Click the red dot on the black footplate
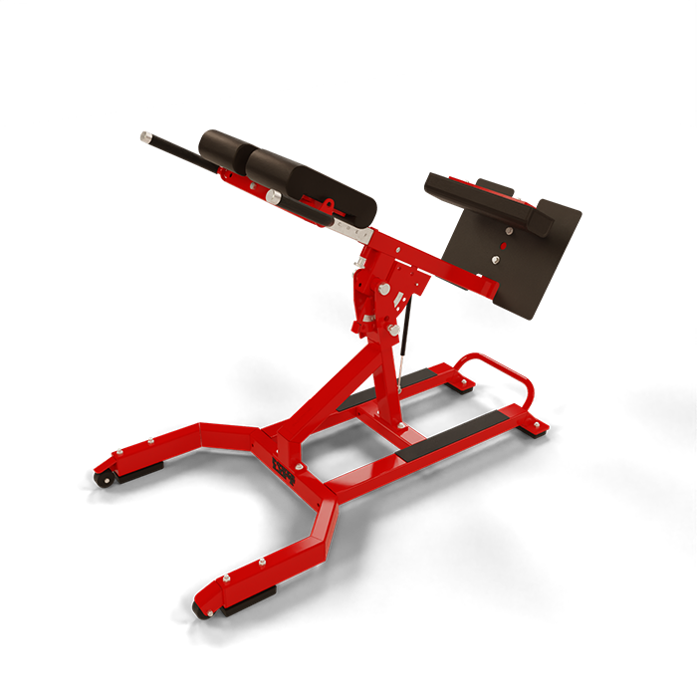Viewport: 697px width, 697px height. point(505,243)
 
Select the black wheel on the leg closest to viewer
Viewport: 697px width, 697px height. point(207,609)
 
